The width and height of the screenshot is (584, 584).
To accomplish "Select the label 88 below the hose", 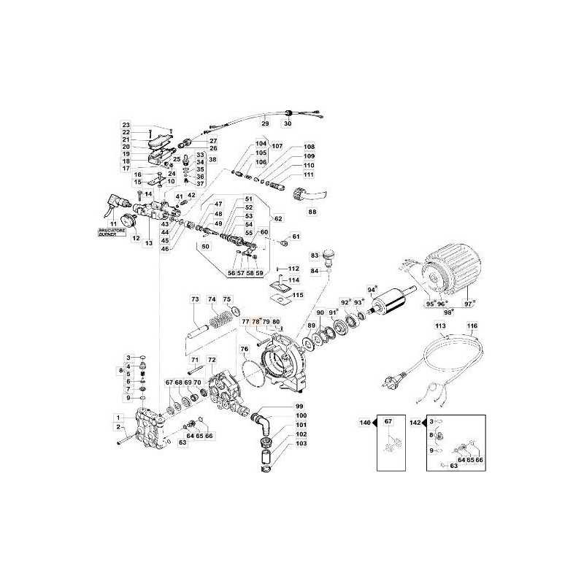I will coord(312,212).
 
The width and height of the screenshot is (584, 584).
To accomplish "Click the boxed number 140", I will coord(364,422).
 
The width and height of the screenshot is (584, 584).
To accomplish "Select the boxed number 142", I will coord(415,422).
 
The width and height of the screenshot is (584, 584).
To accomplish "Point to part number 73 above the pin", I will coord(195,300).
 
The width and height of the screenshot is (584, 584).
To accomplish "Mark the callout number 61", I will coord(296,237).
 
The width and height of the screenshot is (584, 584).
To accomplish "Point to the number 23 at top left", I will coord(126,125).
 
